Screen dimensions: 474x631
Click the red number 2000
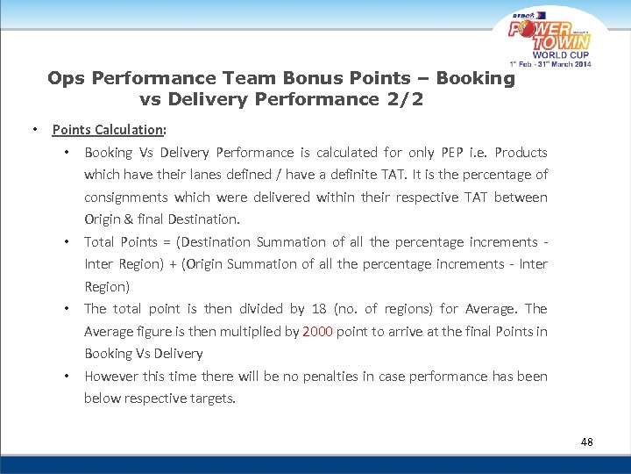[x=316, y=331]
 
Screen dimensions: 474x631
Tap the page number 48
[x=586, y=442]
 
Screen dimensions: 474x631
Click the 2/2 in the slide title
[x=404, y=99]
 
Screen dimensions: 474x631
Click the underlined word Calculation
[x=130, y=130]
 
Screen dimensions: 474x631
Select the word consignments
[x=125, y=197]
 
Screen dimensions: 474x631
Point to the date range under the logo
[x=551, y=65]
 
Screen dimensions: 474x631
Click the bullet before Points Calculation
[x=33, y=130]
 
